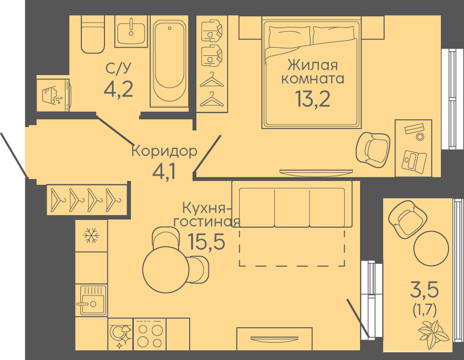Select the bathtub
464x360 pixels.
pyautogui.click(x=170, y=61)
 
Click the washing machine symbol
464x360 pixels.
pyautogui.click(x=53, y=95)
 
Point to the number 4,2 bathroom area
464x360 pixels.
pyautogui.click(x=118, y=89)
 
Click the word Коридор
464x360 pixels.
pyautogui.click(x=164, y=151)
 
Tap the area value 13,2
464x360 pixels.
pyautogui.click(x=312, y=99)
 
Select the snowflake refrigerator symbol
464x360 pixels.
pyautogui.click(x=91, y=236)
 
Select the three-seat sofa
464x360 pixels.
pyautogui.click(x=292, y=204)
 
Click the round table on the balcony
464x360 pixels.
pyautogui.click(x=431, y=247)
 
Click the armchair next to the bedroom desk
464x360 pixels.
pyautogui.click(x=373, y=148)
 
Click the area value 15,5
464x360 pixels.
pyautogui.click(x=207, y=242)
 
